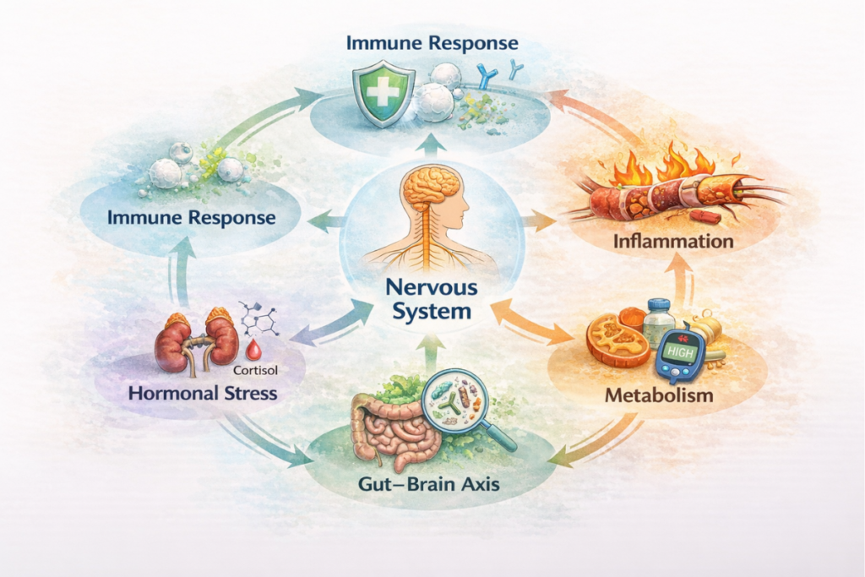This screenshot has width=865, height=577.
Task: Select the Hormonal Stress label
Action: point(203,393)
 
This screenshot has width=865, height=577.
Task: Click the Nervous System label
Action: point(432,299)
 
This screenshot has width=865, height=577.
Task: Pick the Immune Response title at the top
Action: point(432,41)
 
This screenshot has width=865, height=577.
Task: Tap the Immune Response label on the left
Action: point(192,217)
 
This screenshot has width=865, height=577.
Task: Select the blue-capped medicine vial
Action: point(659,321)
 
